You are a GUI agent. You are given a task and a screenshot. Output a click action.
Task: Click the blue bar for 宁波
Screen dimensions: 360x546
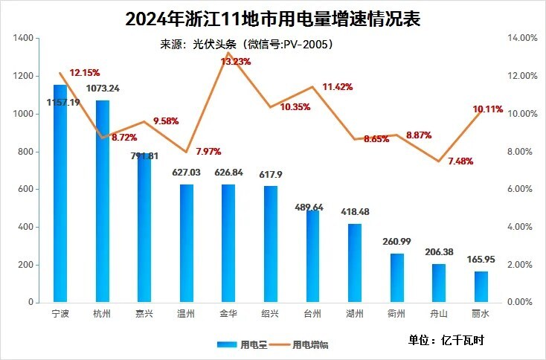(x=60, y=193)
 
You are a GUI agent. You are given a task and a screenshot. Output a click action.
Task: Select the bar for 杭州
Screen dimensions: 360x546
(x=102, y=201)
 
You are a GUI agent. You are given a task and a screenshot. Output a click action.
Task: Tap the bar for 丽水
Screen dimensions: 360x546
(x=481, y=287)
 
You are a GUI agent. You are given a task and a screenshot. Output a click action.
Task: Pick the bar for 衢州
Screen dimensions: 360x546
(x=397, y=278)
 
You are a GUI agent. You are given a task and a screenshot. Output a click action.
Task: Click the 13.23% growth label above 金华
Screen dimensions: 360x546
(x=237, y=62)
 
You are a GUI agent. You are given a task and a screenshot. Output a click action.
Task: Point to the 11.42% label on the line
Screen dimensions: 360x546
(x=337, y=87)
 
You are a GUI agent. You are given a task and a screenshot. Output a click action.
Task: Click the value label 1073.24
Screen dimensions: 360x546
(x=103, y=89)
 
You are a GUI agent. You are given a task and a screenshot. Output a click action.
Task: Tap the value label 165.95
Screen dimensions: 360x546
(x=481, y=260)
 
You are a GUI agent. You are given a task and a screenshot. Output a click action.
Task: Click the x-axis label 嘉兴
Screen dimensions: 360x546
(x=144, y=313)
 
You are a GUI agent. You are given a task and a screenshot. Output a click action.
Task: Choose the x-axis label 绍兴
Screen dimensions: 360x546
(x=271, y=313)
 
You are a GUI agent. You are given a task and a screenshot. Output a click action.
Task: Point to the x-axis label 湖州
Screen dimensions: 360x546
(x=355, y=313)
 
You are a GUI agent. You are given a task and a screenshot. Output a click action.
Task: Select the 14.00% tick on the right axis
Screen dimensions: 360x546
(x=521, y=38)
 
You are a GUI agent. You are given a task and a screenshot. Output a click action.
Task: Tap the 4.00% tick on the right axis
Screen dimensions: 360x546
(x=520, y=228)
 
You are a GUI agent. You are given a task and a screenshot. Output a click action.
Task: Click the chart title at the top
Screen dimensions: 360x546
(x=272, y=19)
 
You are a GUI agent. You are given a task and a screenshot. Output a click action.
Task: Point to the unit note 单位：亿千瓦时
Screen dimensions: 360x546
(x=446, y=340)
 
